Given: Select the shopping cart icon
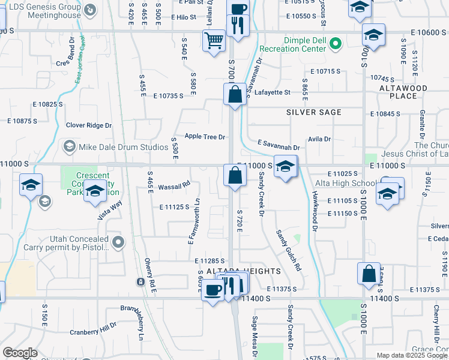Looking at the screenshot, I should click(214, 41).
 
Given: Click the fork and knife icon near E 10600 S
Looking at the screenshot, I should click(238, 25).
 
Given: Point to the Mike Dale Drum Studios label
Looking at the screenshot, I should click(113, 146).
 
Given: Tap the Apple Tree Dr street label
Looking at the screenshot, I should click(205, 137).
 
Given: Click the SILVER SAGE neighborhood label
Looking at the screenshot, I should click(314, 112).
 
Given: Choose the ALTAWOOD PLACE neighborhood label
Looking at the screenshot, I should click(403, 92).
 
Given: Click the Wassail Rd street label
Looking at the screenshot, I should click(174, 187).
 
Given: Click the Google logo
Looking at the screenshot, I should click(20, 353).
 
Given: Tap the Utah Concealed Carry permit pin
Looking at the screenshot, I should click(119, 242).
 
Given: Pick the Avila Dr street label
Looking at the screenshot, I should click(319, 139).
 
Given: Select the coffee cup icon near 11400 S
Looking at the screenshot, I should click(214, 290).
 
